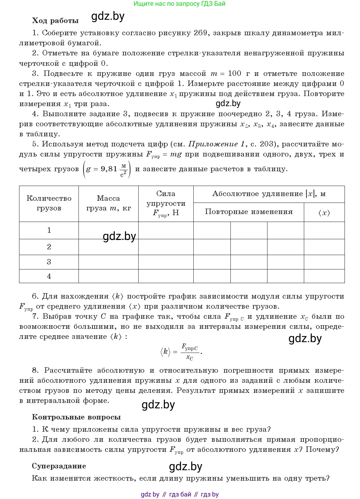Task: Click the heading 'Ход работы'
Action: (55, 21)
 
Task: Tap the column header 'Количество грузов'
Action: (49, 203)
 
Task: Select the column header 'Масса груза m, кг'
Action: (108, 203)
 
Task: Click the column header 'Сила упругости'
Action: (166, 203)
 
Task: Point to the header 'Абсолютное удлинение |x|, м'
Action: (269, 194)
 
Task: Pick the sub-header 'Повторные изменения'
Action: (249, 212)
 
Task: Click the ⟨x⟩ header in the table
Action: (324, 213)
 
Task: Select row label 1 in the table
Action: (49, 230)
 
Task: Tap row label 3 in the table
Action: (49, 262)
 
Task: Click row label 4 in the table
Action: (49, 276)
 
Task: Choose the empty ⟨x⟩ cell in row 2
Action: (324, 247)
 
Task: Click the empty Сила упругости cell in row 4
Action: (166, 276)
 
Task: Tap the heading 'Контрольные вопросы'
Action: (76, 417)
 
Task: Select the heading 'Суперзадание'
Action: (59, 466)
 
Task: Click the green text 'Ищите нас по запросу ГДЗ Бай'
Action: (179, 4)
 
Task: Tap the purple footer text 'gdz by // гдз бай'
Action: (166, 494)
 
